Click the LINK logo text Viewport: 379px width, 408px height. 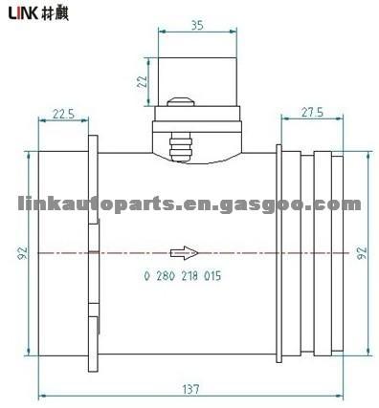pyautogui.click(x=23, y=13)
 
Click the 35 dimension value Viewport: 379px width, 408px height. pyautogui.click(x=197, y=26)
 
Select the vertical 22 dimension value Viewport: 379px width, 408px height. pyautogui.click(x=142, y=81)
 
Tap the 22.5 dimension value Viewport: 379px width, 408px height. pyautogui.click(x=63, y=114)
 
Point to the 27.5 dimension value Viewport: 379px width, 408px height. pyautogui.click(x=312, y=112)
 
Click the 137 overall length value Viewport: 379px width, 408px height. pyautogui.click(x=191, y=389)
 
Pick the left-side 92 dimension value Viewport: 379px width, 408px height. pyautogui.click(x=23, y=253)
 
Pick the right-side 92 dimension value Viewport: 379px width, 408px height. pyautogui.click(x=362, y=253)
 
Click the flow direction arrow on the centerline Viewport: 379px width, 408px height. pyautogui.click(x=185, y=253)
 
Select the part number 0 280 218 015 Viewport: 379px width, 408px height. pyautogui.click(x=183, y=275)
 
